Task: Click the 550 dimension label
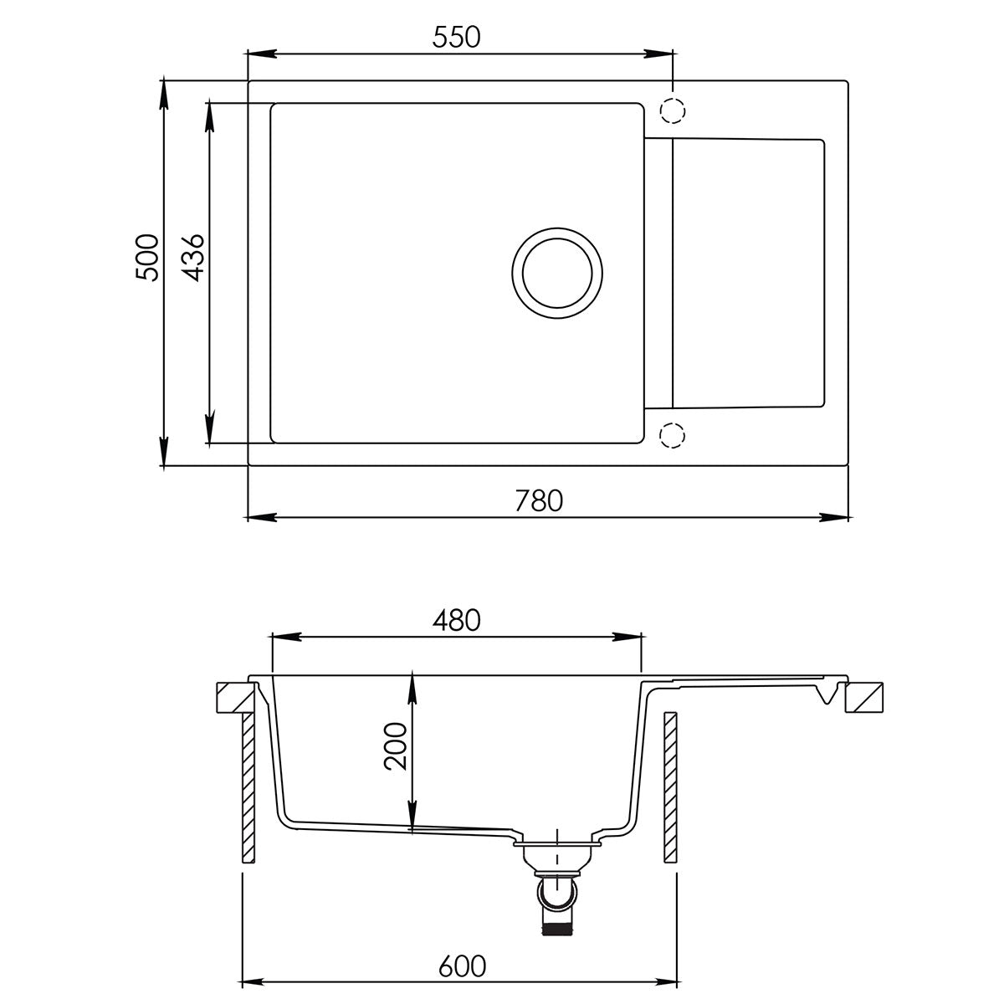(x=456, y=38)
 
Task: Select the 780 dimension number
(x=539, y=500)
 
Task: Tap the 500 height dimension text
(x=147, y=258)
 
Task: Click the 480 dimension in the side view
(x=456, y=621)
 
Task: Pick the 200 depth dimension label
(x=395, y=746)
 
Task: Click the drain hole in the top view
(x=557, y=273)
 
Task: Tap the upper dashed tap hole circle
(x=672, y=110)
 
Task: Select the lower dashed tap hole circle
(x=672, y=435)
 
